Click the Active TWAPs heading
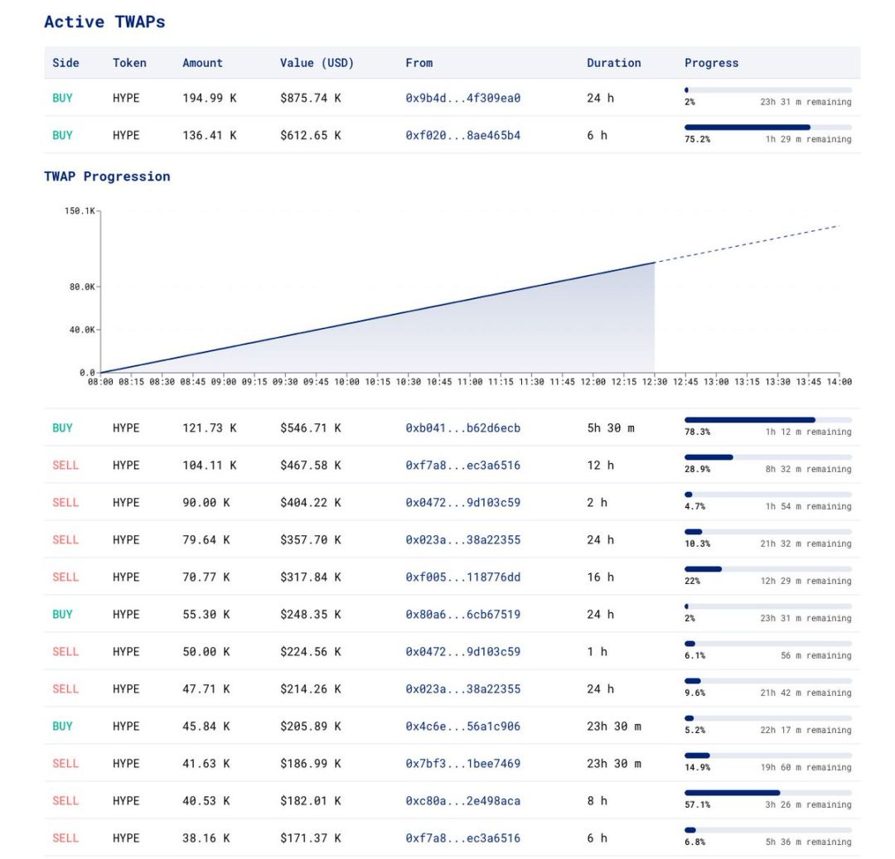tap(104, 22)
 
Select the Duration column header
tap(613, 63)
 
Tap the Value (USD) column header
tap(317, 63)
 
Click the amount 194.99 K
tap(209, 98)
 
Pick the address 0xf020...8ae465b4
tap(462, 135)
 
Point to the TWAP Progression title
tap(107, 176)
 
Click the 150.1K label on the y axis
tap(80, 211)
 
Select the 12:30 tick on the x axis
tap(655, 382)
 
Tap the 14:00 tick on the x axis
tap(839, 382)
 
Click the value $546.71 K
tap(310, 428)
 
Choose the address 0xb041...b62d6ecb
tap(462, 428)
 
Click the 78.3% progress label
tap(697, 432)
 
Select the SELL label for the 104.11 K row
tap(65, 466)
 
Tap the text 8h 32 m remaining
tap(808, 470)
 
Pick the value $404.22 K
tap(310, 503)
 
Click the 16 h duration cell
tap(600, 577)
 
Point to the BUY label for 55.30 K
tap(62, 615)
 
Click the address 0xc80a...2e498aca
tap(462, 801)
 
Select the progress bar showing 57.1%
tap(767, 793)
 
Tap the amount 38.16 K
tap(206, 838)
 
